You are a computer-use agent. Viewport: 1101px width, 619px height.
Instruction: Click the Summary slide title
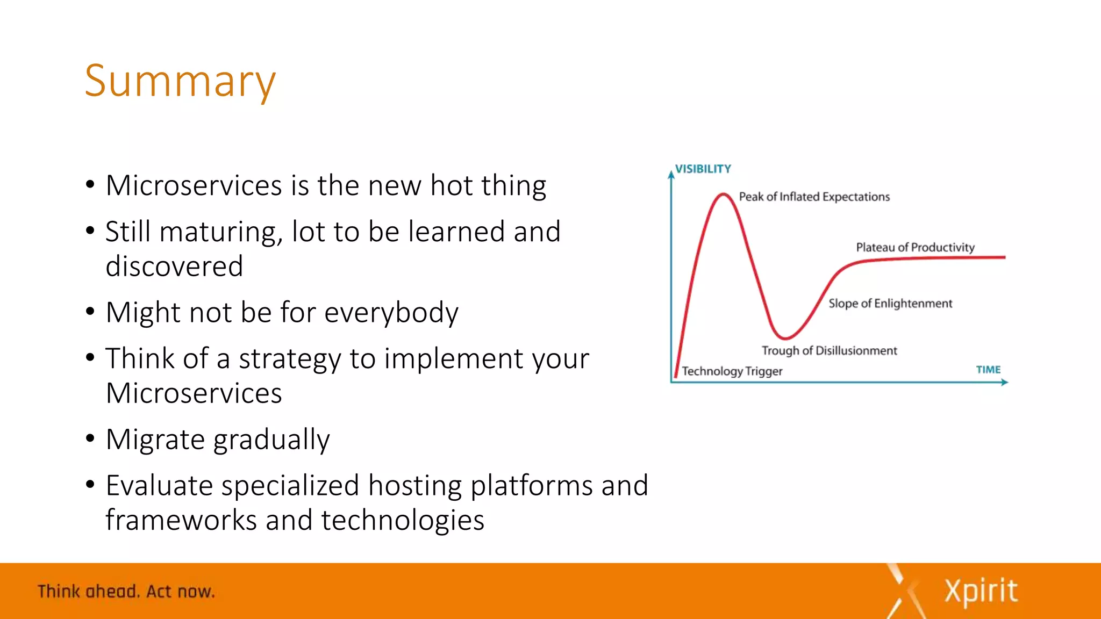pos(180,81)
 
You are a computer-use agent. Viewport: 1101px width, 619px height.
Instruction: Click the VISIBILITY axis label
pos(703,169)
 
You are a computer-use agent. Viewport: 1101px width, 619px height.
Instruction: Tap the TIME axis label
pos(988,370)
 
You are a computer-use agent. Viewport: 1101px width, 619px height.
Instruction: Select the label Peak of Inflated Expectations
pos(814,197)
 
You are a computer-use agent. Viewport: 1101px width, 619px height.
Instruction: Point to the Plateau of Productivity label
pos(915,247)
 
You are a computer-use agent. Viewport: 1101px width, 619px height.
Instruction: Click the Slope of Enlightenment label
pos(890,304)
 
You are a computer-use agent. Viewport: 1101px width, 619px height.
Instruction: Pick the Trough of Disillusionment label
pos(829,351)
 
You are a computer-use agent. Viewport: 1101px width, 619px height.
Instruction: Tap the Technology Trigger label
pos(732,371)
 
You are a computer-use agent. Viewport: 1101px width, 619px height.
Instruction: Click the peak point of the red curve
pos(724,195)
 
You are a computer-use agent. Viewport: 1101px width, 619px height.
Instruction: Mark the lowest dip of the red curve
pos(785,338)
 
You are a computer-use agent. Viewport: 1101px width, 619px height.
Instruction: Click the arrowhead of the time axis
pos(1004,382)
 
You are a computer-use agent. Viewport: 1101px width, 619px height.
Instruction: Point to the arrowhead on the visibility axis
pos(671,175)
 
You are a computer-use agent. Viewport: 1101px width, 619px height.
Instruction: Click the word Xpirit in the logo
pos(981,591)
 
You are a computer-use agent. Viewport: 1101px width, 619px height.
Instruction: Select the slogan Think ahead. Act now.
pos(126,592)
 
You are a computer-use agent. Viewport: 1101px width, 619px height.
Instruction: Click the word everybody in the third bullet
pos(391,313)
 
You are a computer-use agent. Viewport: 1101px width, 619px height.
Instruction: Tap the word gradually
pos(271,440)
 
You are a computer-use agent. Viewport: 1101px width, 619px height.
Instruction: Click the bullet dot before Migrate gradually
pos(90,438)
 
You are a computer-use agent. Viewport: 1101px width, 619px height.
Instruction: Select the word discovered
pos(174,267)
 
